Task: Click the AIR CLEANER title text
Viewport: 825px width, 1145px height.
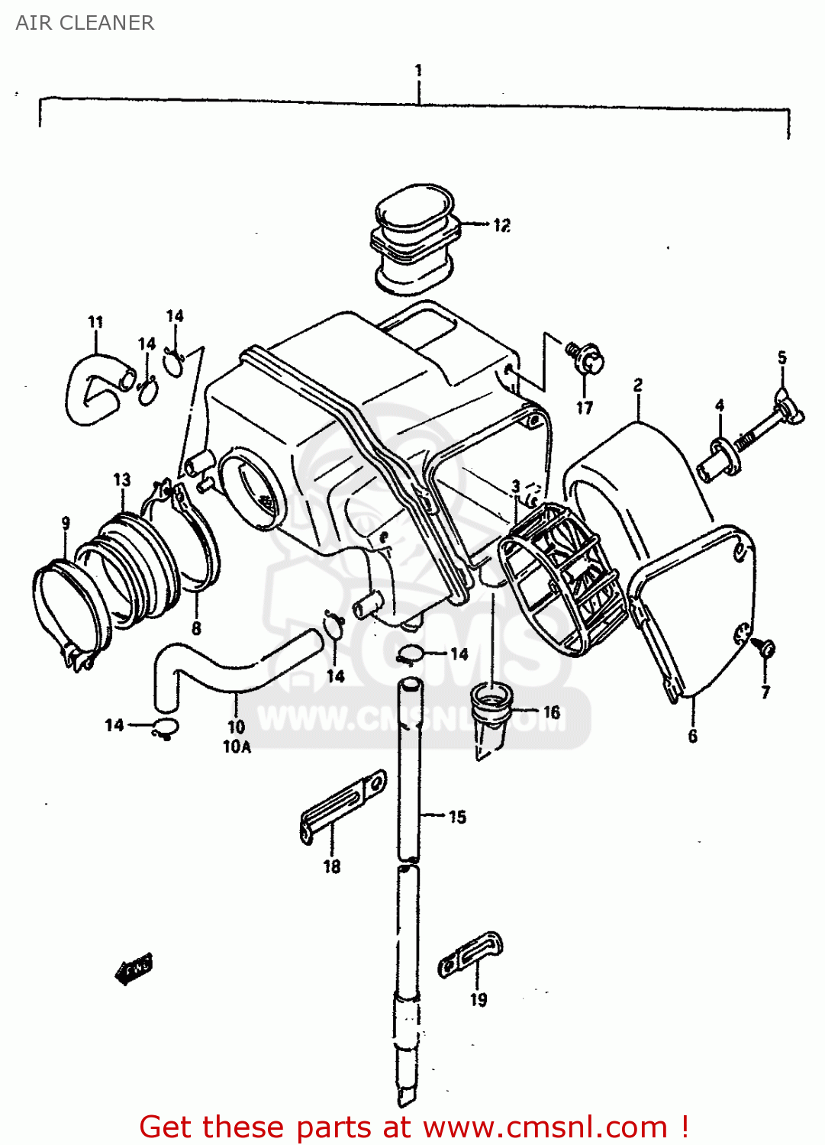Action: [85, 23]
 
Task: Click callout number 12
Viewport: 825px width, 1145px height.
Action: [501, 225]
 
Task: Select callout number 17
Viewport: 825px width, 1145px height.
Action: [585, 408]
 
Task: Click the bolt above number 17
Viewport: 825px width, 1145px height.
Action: [586, 356]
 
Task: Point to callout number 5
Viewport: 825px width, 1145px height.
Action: [782, 357]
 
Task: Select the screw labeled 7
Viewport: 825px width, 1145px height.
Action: [765, 649]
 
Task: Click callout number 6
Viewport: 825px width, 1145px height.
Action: [692, 736]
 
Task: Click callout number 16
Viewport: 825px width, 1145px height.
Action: [552, 712]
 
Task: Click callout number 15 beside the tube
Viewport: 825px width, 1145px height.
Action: [457, 817]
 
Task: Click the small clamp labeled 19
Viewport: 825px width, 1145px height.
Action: [470, 953]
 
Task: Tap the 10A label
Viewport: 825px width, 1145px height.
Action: [237, 747]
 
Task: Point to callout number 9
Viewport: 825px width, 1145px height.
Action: [66, 523]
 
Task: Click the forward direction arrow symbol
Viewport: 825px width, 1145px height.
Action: [134, 969]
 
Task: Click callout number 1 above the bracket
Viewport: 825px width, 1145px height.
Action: [418, 70]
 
